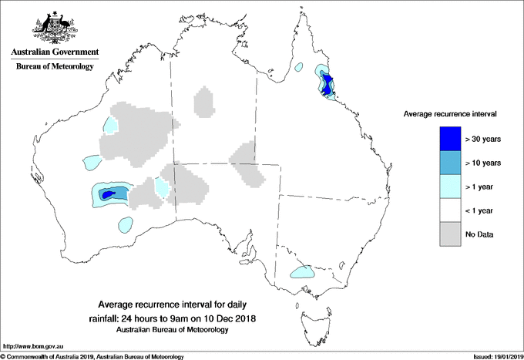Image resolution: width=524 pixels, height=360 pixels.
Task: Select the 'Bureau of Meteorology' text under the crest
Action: pyautogui.click(x=54, y=67)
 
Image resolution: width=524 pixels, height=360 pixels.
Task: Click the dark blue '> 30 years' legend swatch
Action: pyautogui.click(x=450, y=139)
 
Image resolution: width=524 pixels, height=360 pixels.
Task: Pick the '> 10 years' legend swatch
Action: pyautogui.click(x=450, y=163)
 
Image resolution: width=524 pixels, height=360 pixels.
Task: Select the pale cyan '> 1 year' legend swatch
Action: pyautogui.click(x=450, y=187)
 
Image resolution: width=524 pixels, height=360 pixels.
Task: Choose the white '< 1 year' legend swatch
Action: pyautogui.click(x=450, y=210)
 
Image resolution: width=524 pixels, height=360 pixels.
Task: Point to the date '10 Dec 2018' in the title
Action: pyautogui.click(x=228, y=318)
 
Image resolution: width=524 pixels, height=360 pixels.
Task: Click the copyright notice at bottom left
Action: pyautogui.click(x=92, y=355)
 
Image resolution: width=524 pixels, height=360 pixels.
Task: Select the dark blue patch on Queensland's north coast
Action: pyautogui.click(x=328, y=83)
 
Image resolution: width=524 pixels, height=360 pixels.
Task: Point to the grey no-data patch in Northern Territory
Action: pyautogui.click(x=204, y=102)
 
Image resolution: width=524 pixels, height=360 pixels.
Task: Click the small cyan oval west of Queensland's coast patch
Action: pyautogui.click(x=300, y=69)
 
